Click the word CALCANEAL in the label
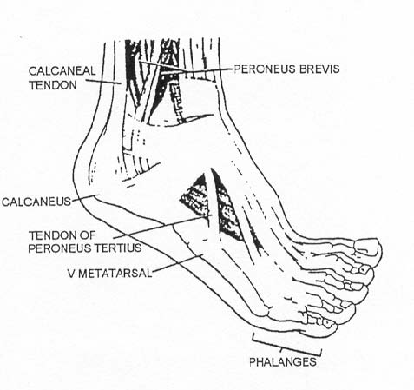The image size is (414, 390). coord(62,70)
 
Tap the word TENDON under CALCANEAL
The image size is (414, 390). coord(53,85)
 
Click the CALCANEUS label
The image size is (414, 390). coord(36,202)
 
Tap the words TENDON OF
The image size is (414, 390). coord(62,235)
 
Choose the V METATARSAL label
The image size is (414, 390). coord(109,274)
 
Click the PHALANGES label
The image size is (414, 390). coord(283,361)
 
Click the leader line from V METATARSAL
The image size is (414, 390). coord(177,263)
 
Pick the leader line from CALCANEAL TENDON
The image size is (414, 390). coord(103,82)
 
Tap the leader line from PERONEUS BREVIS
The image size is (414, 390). coord(185,69)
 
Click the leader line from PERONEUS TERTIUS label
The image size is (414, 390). coord(162,227)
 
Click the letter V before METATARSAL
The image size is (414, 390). coord(70,274)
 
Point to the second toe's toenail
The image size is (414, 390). coord(363,269)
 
